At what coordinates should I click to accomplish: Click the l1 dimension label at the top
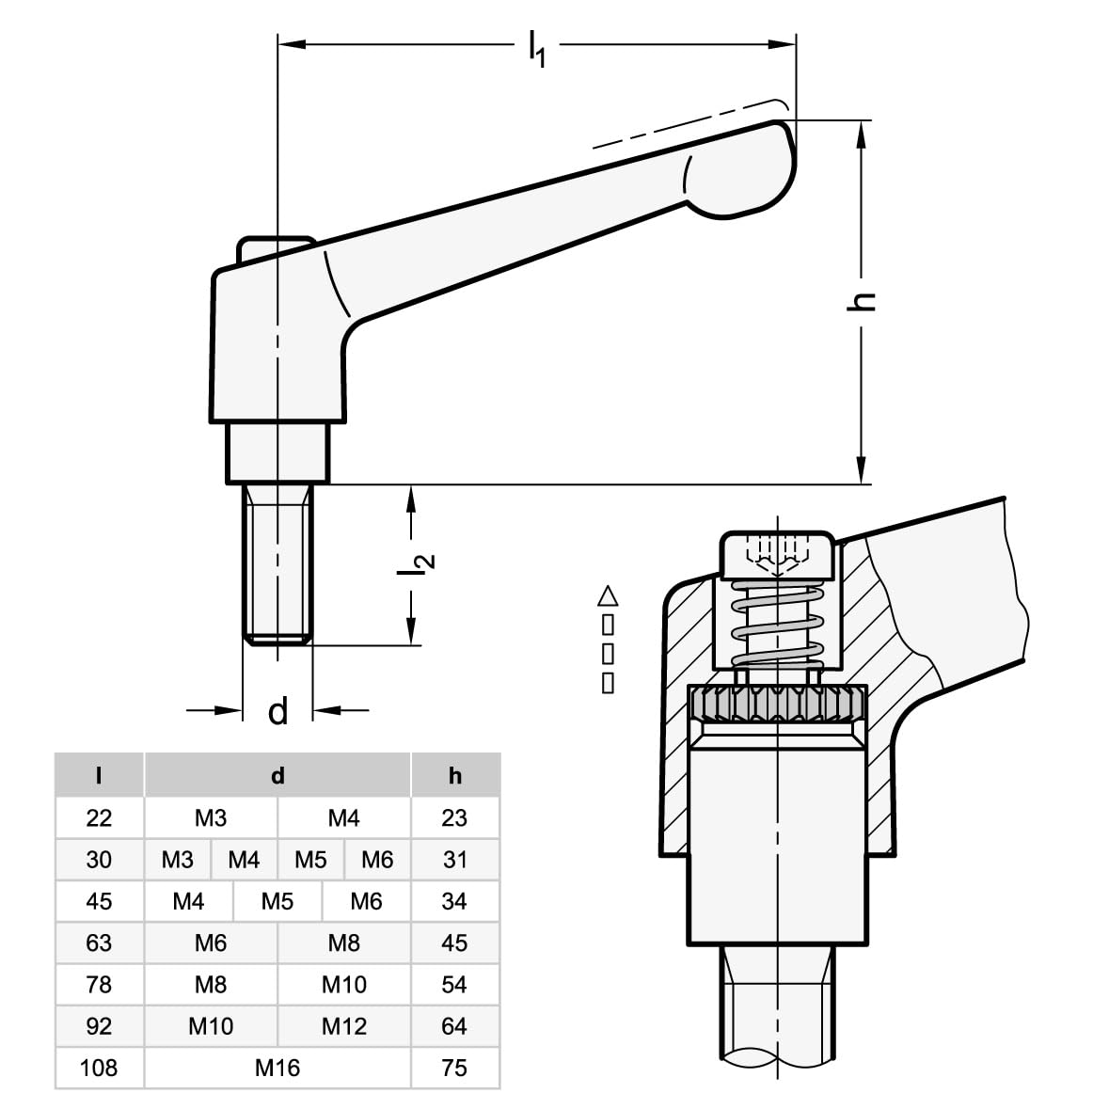pyautogui.click(x=535, y=47)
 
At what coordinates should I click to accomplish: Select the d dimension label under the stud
pyautogui.click(x=277, y=712)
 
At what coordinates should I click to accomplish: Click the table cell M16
pyautogui.click(x=277, y=1068)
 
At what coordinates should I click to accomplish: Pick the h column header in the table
pyautogui.click(x=455, y=776)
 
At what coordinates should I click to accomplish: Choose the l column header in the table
pyautogui.click(x=99, y=776)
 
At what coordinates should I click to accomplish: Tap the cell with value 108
pyautogui.click(x=99, y=1068)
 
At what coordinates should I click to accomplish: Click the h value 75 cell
pyautogui.click(x=455, y=1068)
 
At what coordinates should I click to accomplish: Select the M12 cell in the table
pyautogui.click(x=344, y=1026)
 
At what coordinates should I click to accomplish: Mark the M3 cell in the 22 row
pyautogui.click(x=211, y=818)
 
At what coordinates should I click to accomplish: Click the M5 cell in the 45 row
pyautogui.click(x=277, y=901)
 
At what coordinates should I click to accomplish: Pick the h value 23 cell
pyautogui.click(x=455, y=818)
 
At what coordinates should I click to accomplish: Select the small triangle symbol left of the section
pyautogui.click(x=608, y=595)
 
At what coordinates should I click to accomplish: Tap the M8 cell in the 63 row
pyautogui.click(x=344, y=943)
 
